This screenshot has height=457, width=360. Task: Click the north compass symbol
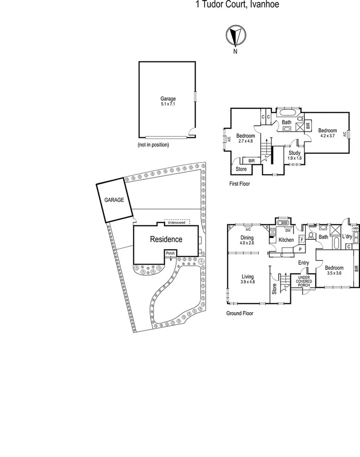pos(235,35)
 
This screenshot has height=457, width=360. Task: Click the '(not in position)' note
pos(153,144)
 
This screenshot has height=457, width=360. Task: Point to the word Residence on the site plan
pos(166,239)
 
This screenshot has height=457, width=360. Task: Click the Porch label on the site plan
pos(170,253)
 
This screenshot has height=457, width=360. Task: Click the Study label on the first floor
pos(295,153)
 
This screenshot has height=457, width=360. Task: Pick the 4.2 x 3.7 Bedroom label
pos(327,133)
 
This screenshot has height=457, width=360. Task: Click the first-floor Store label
pos(241,169)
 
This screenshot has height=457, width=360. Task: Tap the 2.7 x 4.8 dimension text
pos(246,141)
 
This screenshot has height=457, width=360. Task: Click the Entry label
pos(303,263)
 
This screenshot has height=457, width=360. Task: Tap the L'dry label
pos(346,236)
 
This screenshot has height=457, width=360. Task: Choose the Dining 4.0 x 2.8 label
pos(247,240)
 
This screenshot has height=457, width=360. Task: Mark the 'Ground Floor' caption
pos(240,313)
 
